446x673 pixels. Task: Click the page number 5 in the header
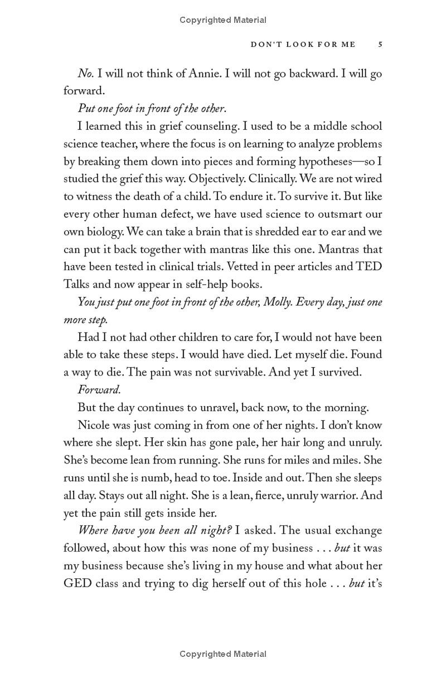380,45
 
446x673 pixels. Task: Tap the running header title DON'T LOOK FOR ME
303,45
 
